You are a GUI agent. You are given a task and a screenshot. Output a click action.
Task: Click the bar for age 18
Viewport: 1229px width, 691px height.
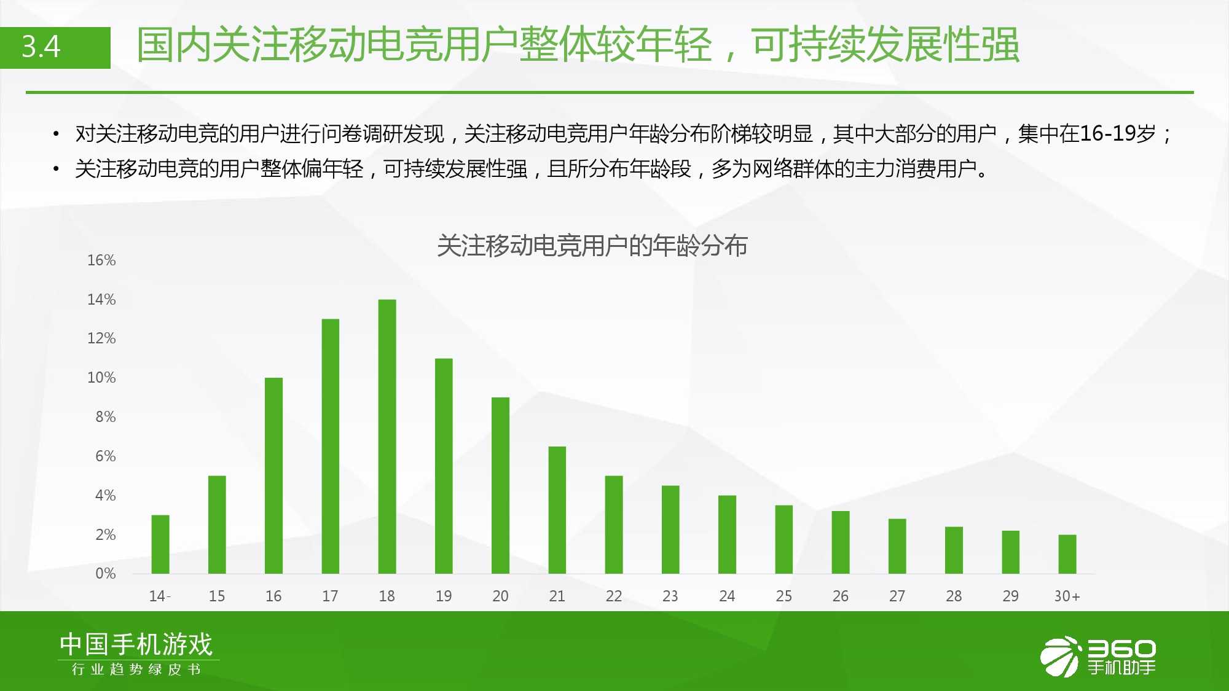click(x=387, y=437)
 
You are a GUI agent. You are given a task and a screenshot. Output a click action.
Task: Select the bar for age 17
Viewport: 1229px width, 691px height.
click(x=331, y=447)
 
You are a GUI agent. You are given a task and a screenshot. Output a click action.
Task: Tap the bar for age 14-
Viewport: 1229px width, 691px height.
click(x=160, y=544)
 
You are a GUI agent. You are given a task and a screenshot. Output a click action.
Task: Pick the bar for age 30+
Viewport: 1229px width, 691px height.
click(x=1067, y=554)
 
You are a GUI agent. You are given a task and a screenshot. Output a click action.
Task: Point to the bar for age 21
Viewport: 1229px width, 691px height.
click(x=557, y=510)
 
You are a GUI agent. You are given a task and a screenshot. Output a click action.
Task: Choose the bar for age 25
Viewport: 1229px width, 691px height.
click(x=784, y=539)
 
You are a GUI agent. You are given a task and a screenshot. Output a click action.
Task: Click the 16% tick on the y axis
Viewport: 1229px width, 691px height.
click(x=101, y=260)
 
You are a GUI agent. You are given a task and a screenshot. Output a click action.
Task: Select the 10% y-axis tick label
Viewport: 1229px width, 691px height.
click(x=101, y=378)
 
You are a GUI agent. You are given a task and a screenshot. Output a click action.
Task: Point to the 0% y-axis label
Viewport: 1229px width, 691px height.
click(x=106, y=574)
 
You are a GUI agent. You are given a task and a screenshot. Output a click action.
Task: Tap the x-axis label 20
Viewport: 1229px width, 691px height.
click(x=500, y=596)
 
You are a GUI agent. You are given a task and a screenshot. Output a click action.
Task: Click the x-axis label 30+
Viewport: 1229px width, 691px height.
click(x=1067, y=596)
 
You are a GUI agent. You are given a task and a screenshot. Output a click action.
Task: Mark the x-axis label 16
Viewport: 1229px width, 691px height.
click(x=273, y=596)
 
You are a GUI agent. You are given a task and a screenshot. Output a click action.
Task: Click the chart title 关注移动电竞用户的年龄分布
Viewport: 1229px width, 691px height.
click(x=592, y=246)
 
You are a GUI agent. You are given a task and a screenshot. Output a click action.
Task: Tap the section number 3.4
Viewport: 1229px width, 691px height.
click(x=41, y=47)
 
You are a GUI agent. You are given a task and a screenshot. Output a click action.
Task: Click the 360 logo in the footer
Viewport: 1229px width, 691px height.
click(x=1098, y=657)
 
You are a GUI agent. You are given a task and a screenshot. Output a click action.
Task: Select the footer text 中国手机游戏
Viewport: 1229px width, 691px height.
click(x=136, y=644)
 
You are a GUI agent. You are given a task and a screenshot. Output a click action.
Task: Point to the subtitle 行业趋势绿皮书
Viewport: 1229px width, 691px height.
click(x=136, y=670)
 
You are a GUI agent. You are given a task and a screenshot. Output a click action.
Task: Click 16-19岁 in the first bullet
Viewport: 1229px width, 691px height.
click(x=1118, y=133)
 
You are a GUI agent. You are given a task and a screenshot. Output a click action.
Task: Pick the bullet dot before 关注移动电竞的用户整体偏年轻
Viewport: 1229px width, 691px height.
click(x=56, y=168)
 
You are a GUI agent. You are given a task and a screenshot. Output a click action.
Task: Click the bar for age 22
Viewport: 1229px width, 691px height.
click(x=614, y=525)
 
